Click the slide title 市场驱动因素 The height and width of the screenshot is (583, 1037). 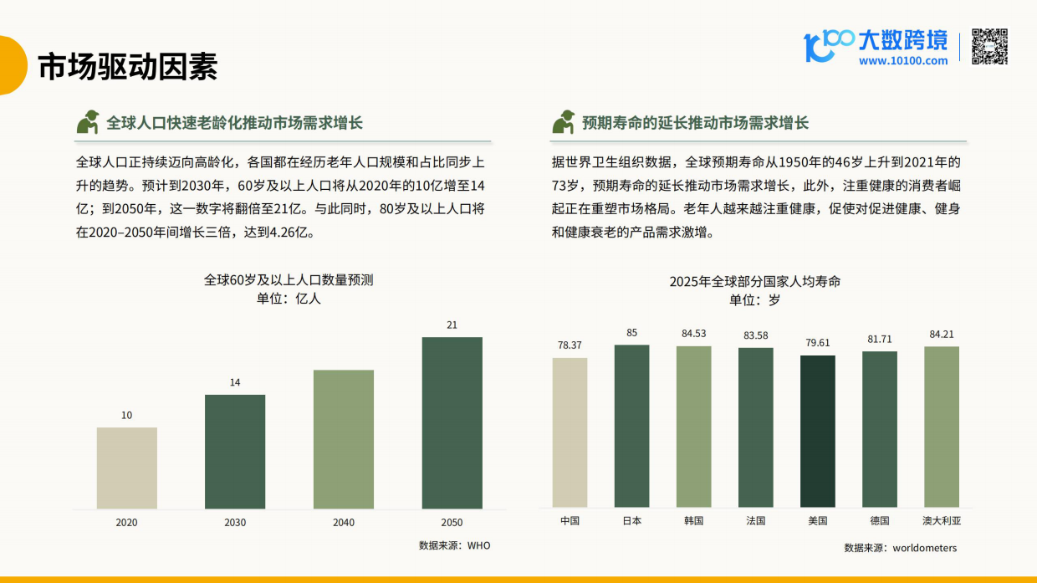tap(127, 67)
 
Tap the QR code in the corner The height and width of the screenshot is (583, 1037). tap(989, 47)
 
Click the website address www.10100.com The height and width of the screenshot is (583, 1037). tap(902, 61)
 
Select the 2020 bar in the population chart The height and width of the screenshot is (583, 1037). tap(126, 468)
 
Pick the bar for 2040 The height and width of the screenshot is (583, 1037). tap(343, 439)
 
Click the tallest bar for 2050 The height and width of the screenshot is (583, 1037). tap(452, 422)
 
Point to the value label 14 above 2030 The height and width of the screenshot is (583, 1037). tap(235, 382)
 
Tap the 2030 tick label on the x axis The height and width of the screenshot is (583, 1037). tap(235, 523)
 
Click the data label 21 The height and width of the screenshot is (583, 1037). tap(452, 325)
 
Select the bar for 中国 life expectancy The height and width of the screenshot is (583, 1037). tap(570, 432)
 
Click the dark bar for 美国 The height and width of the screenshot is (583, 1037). tap(817, 431)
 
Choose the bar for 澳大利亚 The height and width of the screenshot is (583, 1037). tap(941, 427)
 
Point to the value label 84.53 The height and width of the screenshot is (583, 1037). tap(693, 334)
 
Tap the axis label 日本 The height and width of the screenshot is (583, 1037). tap(631, 520)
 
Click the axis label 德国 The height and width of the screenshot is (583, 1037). tap(879, 520)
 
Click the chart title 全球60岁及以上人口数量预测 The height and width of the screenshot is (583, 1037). tap(289, 280)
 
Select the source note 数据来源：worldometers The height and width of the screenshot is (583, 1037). tap(900, 548)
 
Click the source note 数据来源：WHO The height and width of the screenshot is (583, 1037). tap(455, 545)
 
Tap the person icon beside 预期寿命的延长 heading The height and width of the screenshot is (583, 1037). tap(563, 122)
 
